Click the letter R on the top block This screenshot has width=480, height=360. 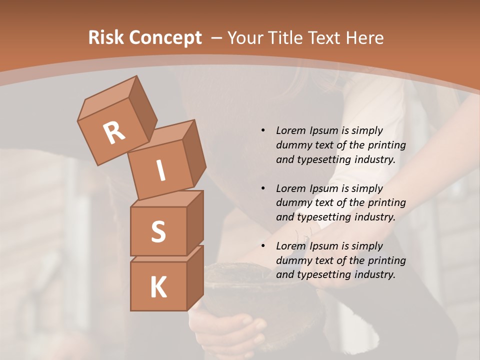114,133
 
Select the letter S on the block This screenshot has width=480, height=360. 158,231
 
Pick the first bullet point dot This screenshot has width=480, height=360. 263,130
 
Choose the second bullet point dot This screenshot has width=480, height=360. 263,188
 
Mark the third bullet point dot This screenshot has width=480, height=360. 263,246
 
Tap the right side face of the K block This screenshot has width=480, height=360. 195,278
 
